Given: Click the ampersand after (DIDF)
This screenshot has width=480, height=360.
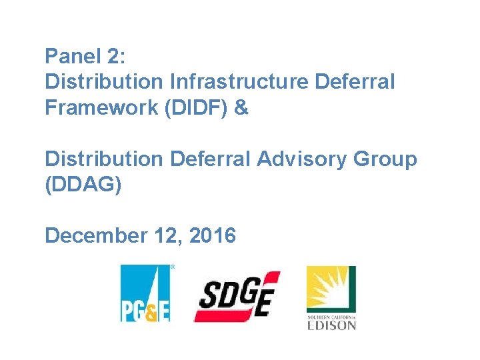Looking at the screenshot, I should point(241,108).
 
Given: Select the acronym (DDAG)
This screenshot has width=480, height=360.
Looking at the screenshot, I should point(83,185).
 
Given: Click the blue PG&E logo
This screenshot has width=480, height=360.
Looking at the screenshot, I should point(145,293).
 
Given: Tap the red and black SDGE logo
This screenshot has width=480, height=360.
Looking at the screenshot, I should point(237,296).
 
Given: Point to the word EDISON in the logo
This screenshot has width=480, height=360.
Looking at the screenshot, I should point(331,325).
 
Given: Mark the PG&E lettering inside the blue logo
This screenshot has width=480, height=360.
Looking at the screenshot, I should point(145,311).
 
